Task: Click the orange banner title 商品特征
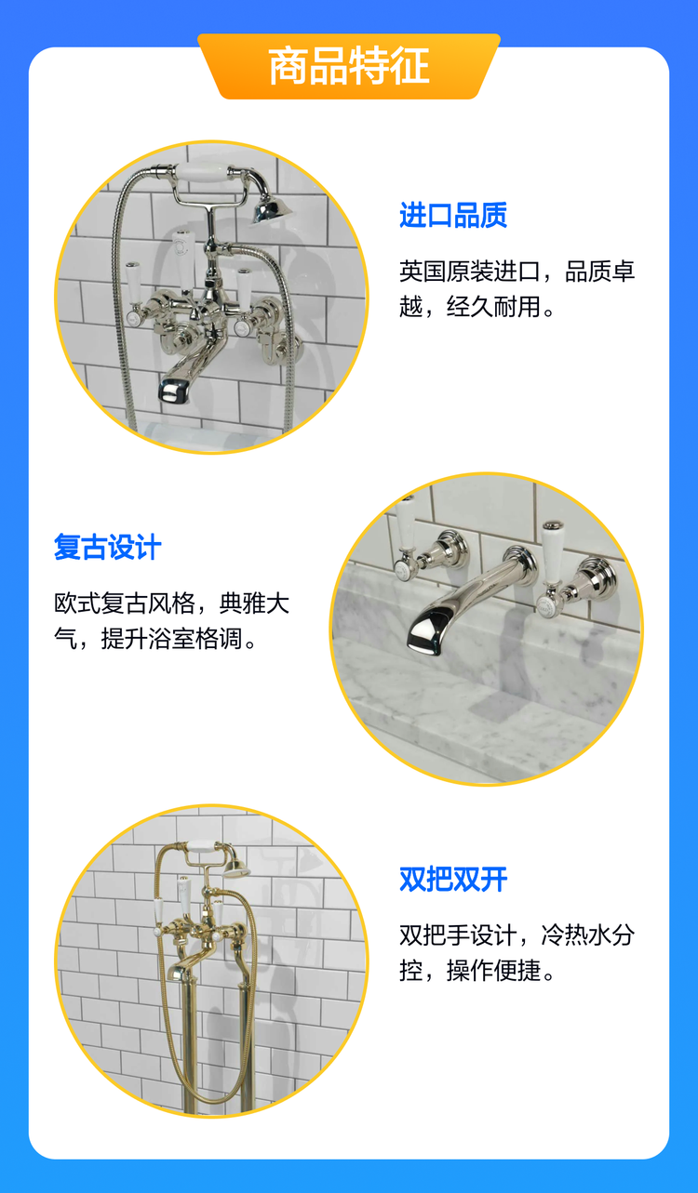pos(349,65)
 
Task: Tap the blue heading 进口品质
pos(453,215)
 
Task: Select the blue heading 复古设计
pos(107,547)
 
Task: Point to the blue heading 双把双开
pos(453,879)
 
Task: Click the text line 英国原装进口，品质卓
pos(517,272)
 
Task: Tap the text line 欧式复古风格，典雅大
pos(171,603)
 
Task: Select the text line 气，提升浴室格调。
pos(155,638)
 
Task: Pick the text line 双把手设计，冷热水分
pos(517,935)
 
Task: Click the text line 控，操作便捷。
pos(477,971)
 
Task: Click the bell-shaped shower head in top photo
pos(272,210)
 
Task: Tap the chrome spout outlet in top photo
pos(176,391)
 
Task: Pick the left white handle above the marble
pos(406,536)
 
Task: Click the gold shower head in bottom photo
pos(236,869)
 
